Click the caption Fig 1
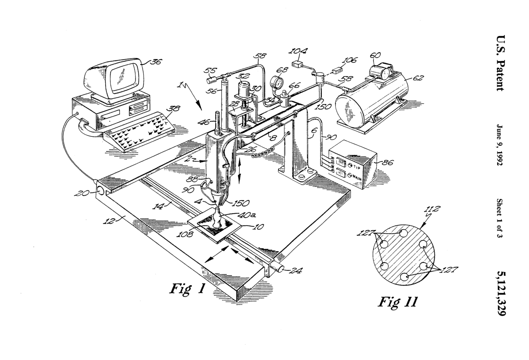click(187, 288)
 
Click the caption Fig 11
click(397, 301)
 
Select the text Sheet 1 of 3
click(499, 218)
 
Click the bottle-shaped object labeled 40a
click(217, 218)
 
